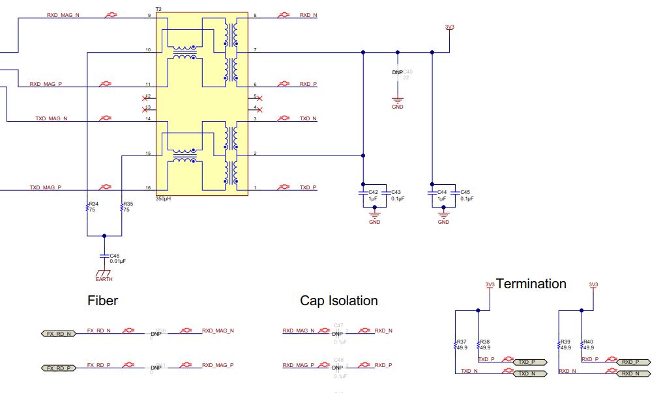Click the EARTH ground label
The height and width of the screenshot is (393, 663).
[104, 279]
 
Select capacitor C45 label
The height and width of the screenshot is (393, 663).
[465, 192]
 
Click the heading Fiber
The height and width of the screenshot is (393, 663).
[102, 301]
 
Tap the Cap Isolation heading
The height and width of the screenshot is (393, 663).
[338, 301]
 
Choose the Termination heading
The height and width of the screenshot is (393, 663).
[531, 284]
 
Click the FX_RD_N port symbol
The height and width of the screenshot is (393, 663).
[59, 334]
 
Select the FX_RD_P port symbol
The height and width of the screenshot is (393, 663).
[59, 369]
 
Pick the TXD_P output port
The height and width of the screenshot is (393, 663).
[529, 362]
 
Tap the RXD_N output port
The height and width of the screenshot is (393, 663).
[633, 373]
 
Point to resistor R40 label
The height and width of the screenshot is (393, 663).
[588, 341]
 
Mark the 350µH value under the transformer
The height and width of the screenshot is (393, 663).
[164, 199]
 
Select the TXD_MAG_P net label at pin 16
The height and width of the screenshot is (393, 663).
[45, 187]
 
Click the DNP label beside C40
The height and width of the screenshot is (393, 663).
[397, 72]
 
